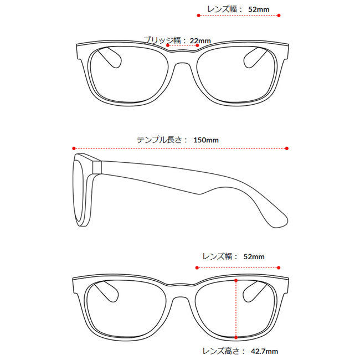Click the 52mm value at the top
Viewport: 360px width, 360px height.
[x=259, y=9]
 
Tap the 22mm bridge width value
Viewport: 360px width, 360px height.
[x=200, y=40]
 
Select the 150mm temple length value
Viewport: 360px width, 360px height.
[x=206, y=140]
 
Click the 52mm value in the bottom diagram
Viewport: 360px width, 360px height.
[x=254, y=256]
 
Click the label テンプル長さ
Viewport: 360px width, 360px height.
[x=162, y=140]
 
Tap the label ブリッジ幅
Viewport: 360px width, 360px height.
[x=162, y=40]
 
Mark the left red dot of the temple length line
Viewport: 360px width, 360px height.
[x=73, y=148]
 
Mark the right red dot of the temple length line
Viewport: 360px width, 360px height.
[x=287, y=148]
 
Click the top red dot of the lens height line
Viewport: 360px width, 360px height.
[x=236, y=281]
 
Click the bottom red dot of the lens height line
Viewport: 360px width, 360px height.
[x=236, y=336]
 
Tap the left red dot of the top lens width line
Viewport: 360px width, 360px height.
[x=198, y=16]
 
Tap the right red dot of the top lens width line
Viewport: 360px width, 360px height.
[x=278, y=16]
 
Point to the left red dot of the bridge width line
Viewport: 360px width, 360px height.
[x=168, y=45]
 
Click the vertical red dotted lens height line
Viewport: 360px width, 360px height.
[x=236, y=308]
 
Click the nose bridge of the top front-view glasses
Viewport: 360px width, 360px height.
[x=180, y=55]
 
